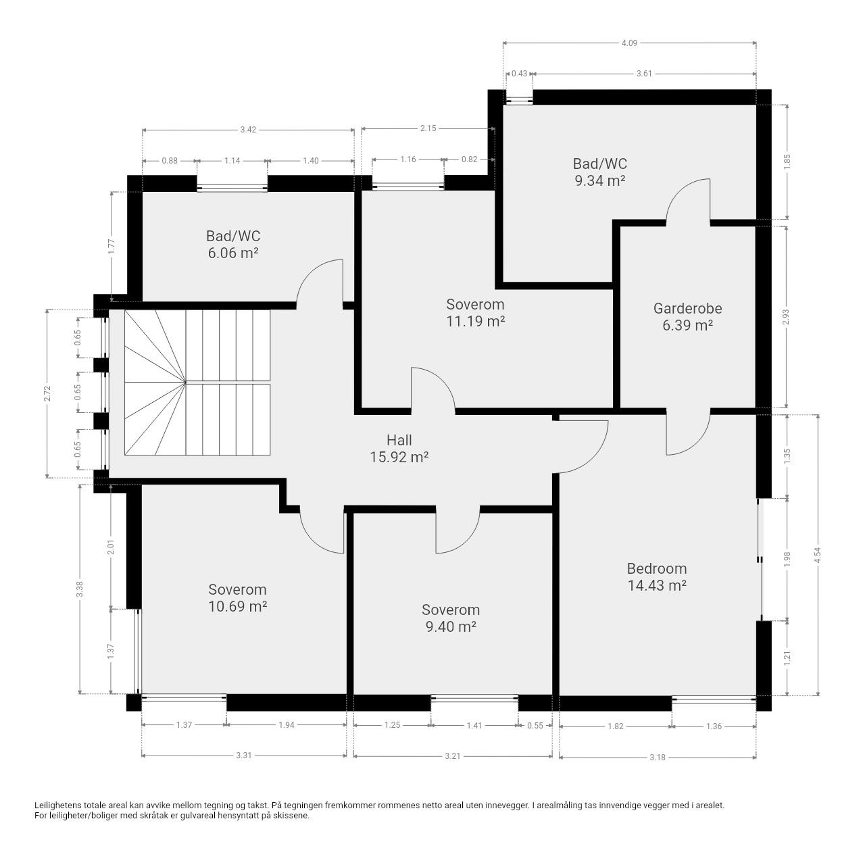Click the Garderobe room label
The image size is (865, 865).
pyautogui.click(x=687, y=316)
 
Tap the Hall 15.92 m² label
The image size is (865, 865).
pyautogui.click(x=399, y=448)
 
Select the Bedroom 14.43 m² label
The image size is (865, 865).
pyautogui.click(x=657, y=576)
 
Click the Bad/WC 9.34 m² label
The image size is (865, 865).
pyautogui.click(x=599, y=172)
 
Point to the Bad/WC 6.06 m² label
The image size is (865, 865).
pyautogui.click(x=233, y=244)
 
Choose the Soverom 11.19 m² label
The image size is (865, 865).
pyautogui.click(x=475, y=312)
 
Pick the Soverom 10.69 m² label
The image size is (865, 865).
pyautogui.click(x=237, y=597)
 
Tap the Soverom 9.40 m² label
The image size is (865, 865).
pyautogui.click(x=451, y=618)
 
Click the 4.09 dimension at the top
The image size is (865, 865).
pyautogui.click(x=629, y=43)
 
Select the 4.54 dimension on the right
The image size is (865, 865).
pyautogui.click(x=818, y=555)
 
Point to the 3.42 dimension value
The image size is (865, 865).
pyautogui.click(x=248, y=130)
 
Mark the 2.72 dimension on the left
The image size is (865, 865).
pyautogui.click(x=47, y=394)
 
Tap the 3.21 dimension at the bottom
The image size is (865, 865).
pyautogui.click(x=452, y=756)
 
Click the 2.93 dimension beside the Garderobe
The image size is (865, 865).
pyautogui.click(x=785, y=316)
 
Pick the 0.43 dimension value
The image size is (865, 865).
pyautogui.click(x=519, y=74)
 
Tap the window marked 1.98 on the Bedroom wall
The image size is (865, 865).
pyautogui.click(x=760, y=560)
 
